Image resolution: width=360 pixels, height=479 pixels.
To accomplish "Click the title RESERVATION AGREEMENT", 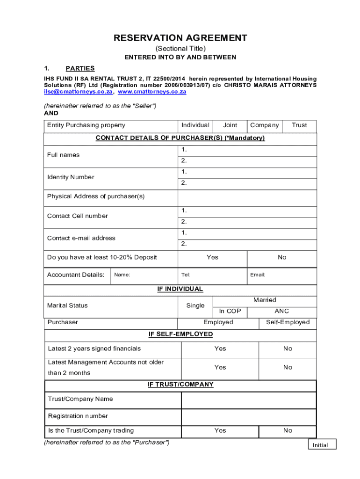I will [180, 38].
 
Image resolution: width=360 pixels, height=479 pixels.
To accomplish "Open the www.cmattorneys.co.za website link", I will [152, 92].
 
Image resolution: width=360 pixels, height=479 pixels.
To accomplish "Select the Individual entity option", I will [195, 125].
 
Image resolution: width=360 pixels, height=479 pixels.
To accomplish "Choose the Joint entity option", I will [230, 125].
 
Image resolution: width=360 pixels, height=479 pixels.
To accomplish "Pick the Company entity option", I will [265, 125].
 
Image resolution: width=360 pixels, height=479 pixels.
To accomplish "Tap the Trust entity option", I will [299, 125].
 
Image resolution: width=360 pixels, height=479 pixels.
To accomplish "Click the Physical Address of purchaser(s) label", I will [96, 196].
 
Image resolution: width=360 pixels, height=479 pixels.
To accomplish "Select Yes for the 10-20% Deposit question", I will [212, 257].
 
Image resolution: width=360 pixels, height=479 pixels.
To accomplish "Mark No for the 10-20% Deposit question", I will [282, 257].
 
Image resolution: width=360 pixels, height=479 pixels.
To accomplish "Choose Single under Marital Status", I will [195, 306].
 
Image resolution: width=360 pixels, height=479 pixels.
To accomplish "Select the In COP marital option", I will [230, 311].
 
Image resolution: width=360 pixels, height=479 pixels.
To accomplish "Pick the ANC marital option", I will [282, 311].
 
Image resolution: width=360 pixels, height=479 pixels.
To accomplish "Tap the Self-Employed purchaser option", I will [288, 322].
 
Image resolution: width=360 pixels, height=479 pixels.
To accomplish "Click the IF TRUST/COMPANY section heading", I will [180, 385].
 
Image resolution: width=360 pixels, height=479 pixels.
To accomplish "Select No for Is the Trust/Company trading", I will [288, 430].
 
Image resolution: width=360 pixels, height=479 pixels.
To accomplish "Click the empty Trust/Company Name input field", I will [248, 400].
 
